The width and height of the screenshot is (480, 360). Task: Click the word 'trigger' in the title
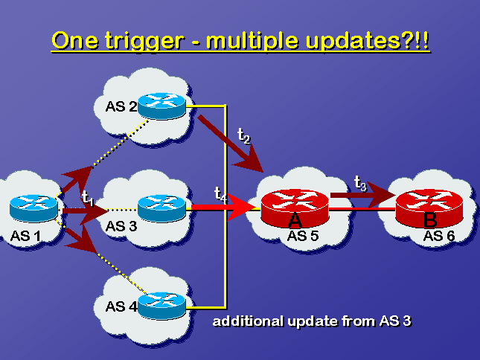[144, 42]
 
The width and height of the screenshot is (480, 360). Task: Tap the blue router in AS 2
[161, 106]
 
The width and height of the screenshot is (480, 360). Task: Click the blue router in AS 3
[161, 208]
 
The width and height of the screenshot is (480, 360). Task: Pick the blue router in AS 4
[161, 306]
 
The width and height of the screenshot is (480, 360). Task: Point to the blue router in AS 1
[33, 208]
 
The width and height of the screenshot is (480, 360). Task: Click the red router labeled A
[295, 208]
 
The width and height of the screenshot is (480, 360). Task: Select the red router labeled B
[429, 208]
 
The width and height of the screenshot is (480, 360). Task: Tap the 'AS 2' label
[121, 106]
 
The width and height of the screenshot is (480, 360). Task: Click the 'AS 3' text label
[121, 226]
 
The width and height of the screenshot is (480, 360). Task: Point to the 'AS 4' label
[121, 306]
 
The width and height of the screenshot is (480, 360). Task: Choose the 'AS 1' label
[25, 236]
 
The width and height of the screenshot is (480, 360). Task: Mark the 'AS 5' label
[303, 236]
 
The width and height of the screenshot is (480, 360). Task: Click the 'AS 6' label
[439, 236]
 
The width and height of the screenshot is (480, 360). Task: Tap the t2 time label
[244, 136]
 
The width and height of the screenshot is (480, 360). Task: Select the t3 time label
[360, 183]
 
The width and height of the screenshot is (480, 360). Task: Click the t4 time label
[221, 194]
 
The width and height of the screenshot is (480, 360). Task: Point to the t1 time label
[88, 198]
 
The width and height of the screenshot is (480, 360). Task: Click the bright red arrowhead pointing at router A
[242, 207]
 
